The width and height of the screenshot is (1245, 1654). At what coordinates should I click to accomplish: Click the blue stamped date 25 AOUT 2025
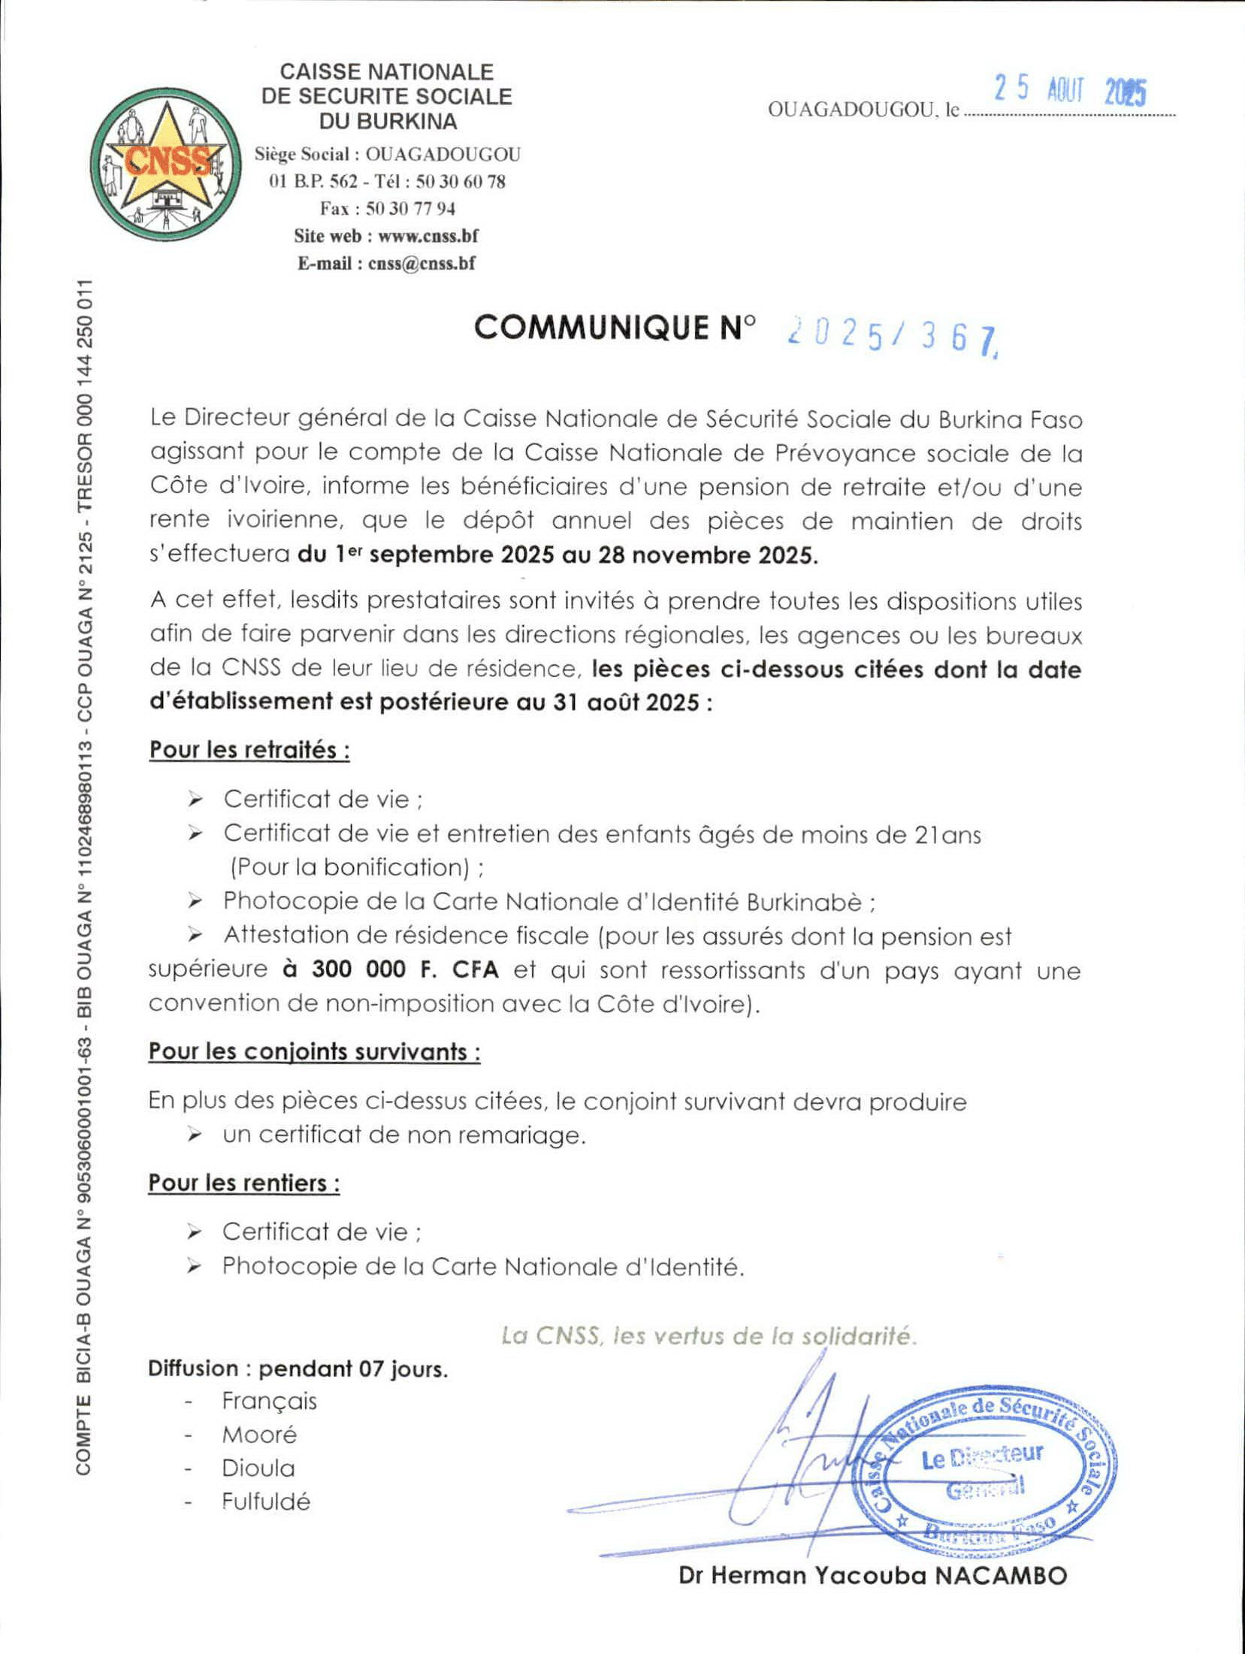(x=1070, y=91)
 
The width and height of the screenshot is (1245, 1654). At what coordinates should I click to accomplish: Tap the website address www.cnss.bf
(x=428, y=236)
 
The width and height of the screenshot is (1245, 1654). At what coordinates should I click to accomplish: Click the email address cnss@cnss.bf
(x=422, y=263)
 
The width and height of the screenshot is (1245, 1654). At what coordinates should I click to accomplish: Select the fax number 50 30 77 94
(x=410, y=208)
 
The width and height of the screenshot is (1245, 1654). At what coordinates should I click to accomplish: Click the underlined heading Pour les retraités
(x=249, y=750)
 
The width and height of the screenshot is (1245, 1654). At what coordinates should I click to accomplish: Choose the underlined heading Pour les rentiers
(x=244, y=1183)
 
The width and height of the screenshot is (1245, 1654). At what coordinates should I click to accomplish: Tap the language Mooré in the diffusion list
(x=259, y=1435)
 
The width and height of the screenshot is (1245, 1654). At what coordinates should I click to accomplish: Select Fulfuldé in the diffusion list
(x=266, y=1501)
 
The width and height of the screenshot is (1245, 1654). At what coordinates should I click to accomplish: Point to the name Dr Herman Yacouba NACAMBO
(x=872, y=1576)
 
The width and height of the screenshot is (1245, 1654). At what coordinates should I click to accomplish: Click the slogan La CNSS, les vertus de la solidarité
(x=709, y=1335)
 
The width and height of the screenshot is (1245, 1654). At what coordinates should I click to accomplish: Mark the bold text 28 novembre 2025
(x=706, y=555)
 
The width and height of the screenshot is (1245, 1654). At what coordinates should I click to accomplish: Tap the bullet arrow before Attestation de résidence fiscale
(x=195, y=935)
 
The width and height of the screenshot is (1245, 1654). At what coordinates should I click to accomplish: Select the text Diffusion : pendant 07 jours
(x=298, y=1368)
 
